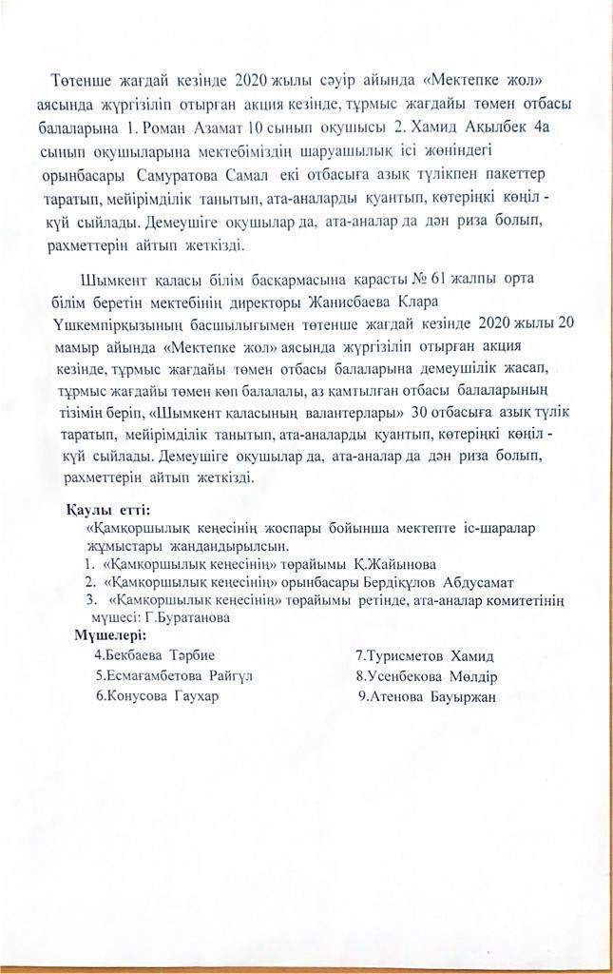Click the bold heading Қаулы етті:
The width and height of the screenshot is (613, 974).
[x=108, y=511]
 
